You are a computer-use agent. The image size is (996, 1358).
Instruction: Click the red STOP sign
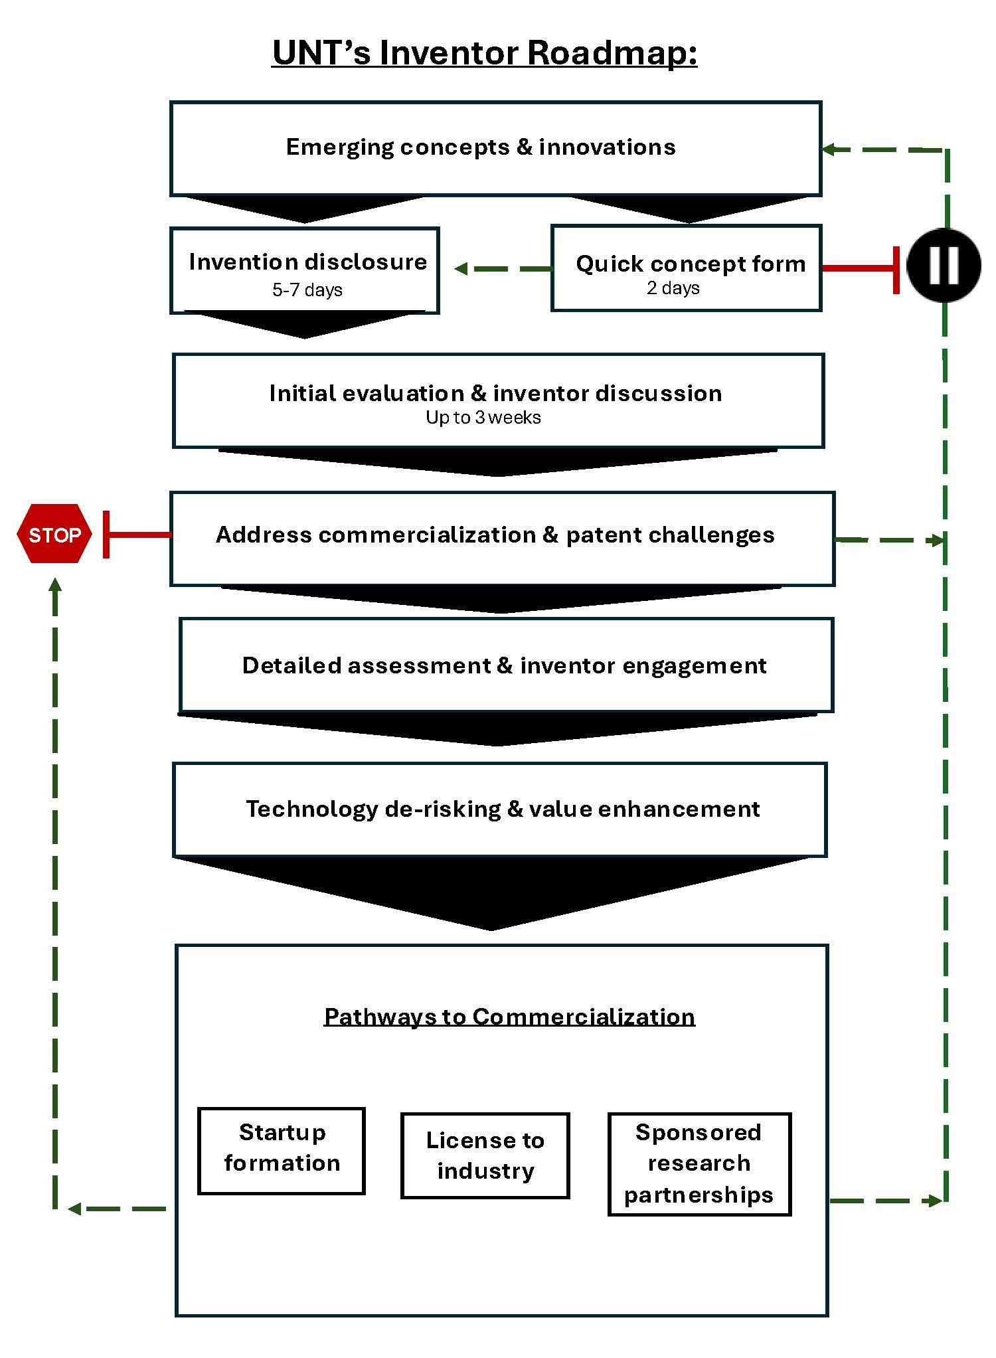tap(54, 535)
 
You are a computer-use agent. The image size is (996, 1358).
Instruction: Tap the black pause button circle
tap(944, 266)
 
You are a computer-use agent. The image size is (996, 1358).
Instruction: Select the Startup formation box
tap(282, 1151)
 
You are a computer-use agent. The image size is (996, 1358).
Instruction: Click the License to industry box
tap(485, 1155)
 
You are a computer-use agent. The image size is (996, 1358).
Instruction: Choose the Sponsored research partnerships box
tap(699, 1163)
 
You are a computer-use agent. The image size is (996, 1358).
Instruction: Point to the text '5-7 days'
tap(307, 290)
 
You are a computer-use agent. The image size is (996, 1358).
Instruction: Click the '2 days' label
tap(673, 288)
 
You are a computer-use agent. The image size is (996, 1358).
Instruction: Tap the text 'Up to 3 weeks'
tap(483, 418)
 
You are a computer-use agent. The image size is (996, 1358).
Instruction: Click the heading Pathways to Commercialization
tap(509, 1017)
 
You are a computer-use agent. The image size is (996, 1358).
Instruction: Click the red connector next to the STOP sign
tap(136, 535)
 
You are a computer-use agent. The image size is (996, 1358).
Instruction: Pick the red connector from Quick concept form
tap(860, 268)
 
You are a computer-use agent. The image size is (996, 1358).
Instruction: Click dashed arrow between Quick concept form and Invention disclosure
tap(503, 269)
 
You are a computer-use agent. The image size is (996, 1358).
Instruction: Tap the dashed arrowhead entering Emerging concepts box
tap(829, 149)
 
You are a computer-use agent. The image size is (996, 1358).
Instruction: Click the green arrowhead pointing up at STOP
tap(55, 584)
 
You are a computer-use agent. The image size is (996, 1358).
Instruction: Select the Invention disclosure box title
tap(307, 262)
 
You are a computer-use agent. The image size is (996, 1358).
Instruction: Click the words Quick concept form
tap(691, 264)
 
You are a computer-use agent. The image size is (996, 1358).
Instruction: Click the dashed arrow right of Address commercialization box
tap(890, 540)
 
